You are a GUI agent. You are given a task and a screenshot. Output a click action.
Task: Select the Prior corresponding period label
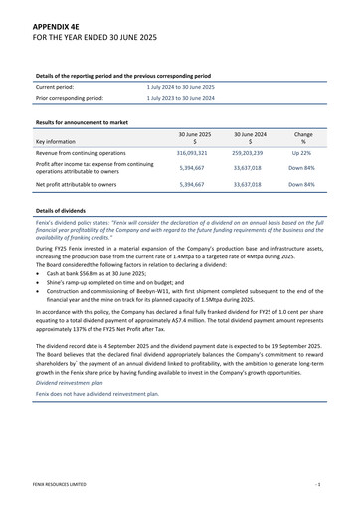pyautogui.click(x=70, y=98)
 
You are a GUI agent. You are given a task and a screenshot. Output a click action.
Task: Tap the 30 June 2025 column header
pyautogui.click(x=194, y=133)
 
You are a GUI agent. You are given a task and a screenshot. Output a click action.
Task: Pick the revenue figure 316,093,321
pyautogui.click(x=192, y=153)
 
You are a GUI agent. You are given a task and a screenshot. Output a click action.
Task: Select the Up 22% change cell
pyautogui.click(x=302, y=153)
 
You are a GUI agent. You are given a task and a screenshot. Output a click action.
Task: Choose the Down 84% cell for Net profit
pyautogui.click(x=302, y=184)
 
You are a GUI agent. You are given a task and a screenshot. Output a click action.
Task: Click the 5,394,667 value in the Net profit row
pyautogui.click(x=192, y=184)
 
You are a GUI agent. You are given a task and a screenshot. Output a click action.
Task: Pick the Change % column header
pyautogui.click(x=303, y=137)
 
